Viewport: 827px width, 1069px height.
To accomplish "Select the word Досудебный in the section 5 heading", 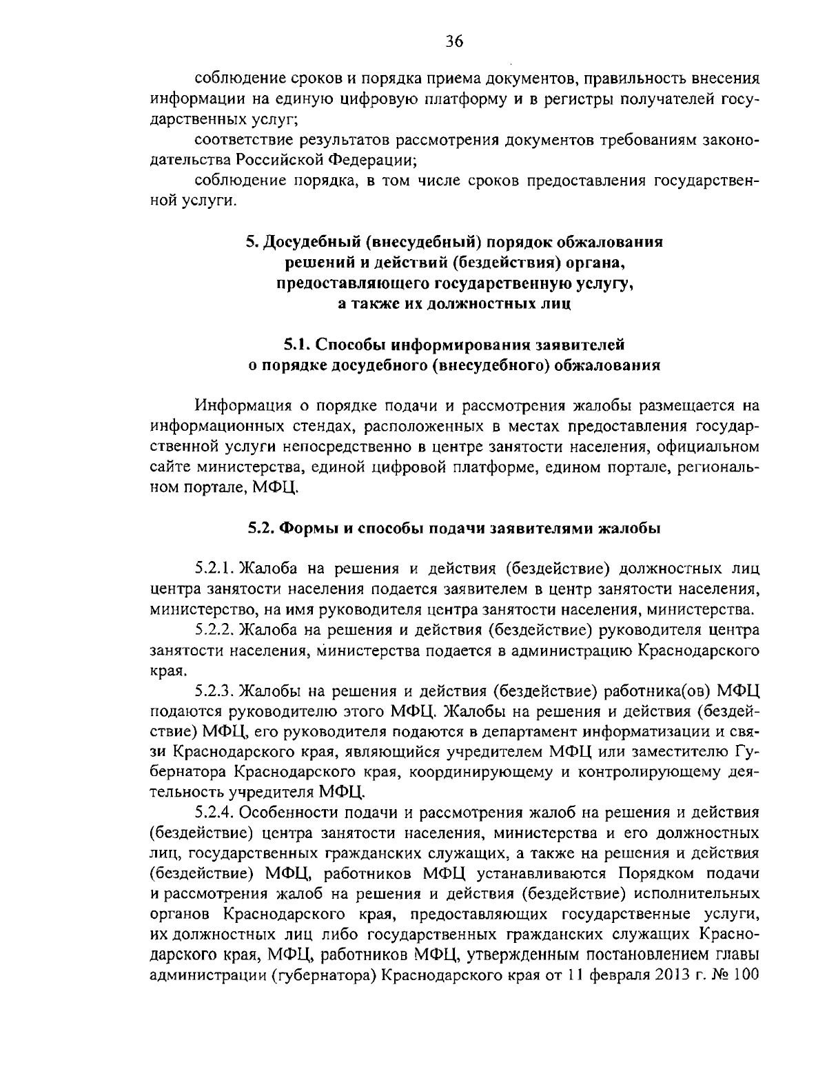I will (312, 243).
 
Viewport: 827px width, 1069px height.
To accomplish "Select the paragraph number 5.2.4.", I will (216, 811).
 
